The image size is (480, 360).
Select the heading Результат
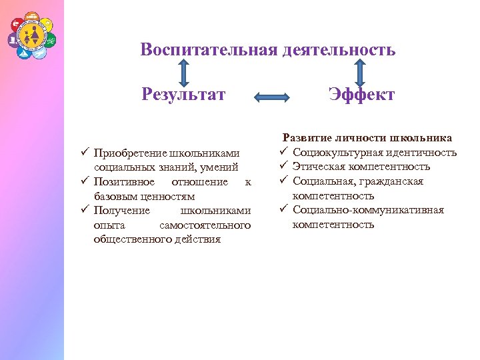(x=183, y=94)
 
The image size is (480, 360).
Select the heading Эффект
(x=361, y=94)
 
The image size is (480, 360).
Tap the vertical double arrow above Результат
(x=183, y=72)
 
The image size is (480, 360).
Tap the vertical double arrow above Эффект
(x=361, y=72)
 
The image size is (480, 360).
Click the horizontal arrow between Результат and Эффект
(x=272, y=97)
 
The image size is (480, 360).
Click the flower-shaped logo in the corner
(x=32, y=34)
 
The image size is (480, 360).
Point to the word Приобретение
(x=130, y=153)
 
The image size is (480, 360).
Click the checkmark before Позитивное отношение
(x=84, y=182)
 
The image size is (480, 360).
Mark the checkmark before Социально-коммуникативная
(x=283, y=210)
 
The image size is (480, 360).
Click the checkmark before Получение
(x=84, y=211)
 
